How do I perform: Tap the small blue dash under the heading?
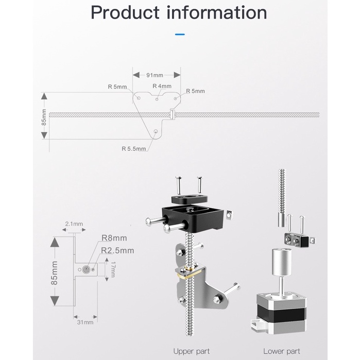click(180, 35)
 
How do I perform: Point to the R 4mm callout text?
click(162, 86)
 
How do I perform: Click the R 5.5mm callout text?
click(133, 149)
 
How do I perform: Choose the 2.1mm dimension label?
click(74, 224)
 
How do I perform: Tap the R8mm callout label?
click(114, 238)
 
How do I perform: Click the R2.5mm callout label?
click(117, 250)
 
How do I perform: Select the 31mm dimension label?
click(85, 322)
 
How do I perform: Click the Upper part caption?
click(191, 351)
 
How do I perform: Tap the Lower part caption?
click(281, 351)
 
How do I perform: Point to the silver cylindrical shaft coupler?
click(281, 263)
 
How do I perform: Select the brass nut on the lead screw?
click(188, 273)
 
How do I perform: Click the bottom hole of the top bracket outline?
click(156, 131)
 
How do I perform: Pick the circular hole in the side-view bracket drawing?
click(86, 269)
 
